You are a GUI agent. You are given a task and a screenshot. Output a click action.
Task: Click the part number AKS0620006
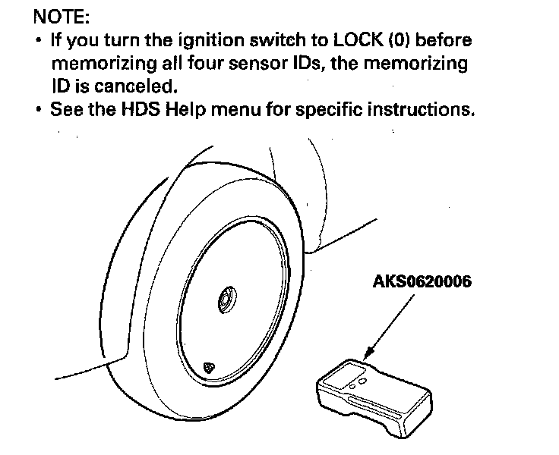[x=422, y=282]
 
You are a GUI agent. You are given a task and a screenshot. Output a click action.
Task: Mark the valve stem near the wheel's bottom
[x=209, y=367]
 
